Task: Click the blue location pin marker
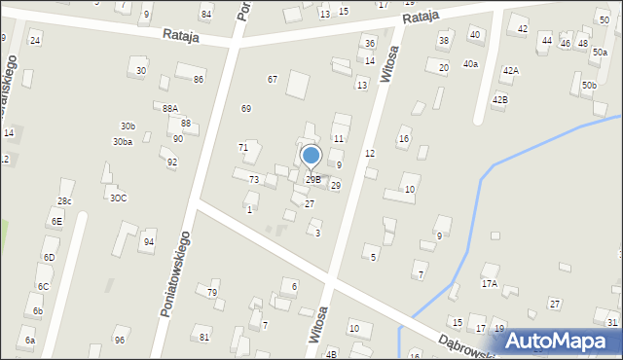[x=311, y=156]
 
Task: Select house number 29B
[x=312, y=179]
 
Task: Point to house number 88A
[x=170, y=108]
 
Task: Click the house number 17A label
[x=489, y=284]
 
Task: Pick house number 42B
[x=499, y=99]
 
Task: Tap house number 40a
[x=470, y=63]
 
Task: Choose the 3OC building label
[x=118, y=198]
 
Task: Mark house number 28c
[x=64, y=200]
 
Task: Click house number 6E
[x=56, y=221]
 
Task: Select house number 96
[x=119, y=340]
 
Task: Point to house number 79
[x=212, y=292]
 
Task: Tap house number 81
[x=204, y=337]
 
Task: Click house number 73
[x=253, y=180]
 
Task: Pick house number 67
[x=273, y=79]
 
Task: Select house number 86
[x=199, y=79]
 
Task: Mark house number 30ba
[x=122, y=142]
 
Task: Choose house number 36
[x=369, y=44]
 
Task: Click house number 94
[x=149, y=241]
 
